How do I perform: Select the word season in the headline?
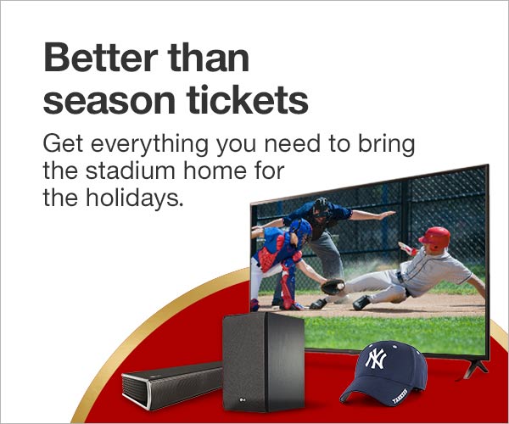(109, 102)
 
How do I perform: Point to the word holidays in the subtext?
(132, 198)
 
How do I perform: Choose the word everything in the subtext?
(149, 145)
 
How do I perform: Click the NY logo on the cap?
(376, 360)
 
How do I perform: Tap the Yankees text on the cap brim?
(400, 396)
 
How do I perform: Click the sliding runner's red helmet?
(435, 237)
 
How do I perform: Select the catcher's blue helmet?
(301, 229)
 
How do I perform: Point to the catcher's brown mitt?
(333, 287)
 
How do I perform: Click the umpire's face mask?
(321, 209)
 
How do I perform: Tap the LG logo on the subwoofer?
(242, 399)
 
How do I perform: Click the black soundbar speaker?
(172, 384)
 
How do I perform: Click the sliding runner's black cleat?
(361, 303)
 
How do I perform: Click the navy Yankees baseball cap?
(383, 373)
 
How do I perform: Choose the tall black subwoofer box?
(264, 362)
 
